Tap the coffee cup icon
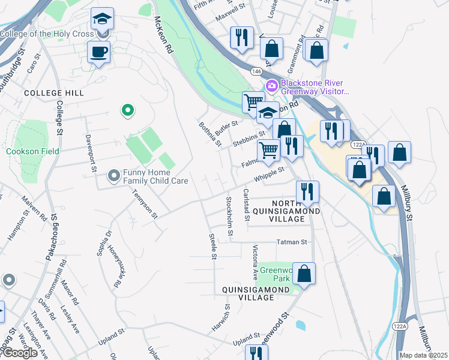tap(98, 52)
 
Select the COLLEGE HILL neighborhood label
tap(46, 94)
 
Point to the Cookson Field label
tap(32, 151)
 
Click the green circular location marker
tap(127, 110)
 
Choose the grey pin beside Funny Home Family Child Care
tap(113, 176)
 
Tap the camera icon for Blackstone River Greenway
tap(271, 86)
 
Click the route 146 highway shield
tap(257, 71)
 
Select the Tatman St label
tap(292, 242)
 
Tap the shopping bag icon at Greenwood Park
tap(304, 274)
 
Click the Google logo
tap(19, 353)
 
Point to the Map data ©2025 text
tap(423, 355)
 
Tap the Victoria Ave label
tap(255, 263)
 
